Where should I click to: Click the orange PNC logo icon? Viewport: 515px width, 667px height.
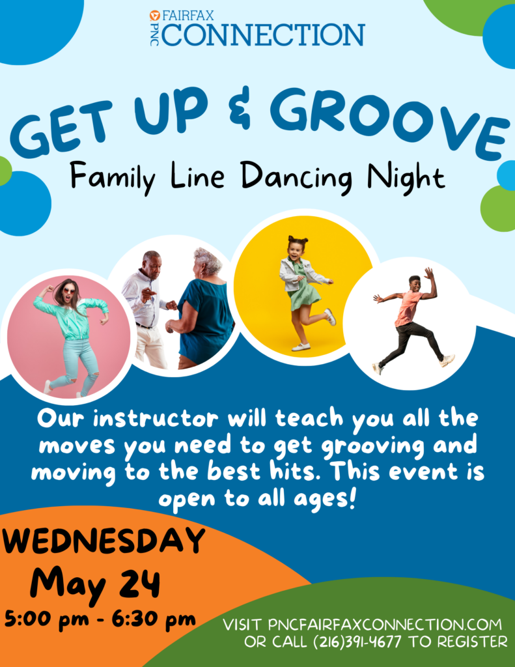[x=154, y=16]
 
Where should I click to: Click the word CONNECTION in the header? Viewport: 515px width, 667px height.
[x=263, y=35]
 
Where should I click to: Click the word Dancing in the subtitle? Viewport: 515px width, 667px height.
[x=296, y=177]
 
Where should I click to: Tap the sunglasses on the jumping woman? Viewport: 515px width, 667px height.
[x=69, y=292]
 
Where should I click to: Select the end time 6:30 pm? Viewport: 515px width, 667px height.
[x=154, y=619]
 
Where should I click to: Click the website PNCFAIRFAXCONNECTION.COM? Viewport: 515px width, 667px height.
[x=385, y=625]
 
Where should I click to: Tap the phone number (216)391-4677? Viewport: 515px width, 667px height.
[x=357, y=642]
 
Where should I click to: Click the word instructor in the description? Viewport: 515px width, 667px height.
[x=156, y=419]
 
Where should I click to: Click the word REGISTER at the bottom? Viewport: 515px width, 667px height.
[x=473, y=642]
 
